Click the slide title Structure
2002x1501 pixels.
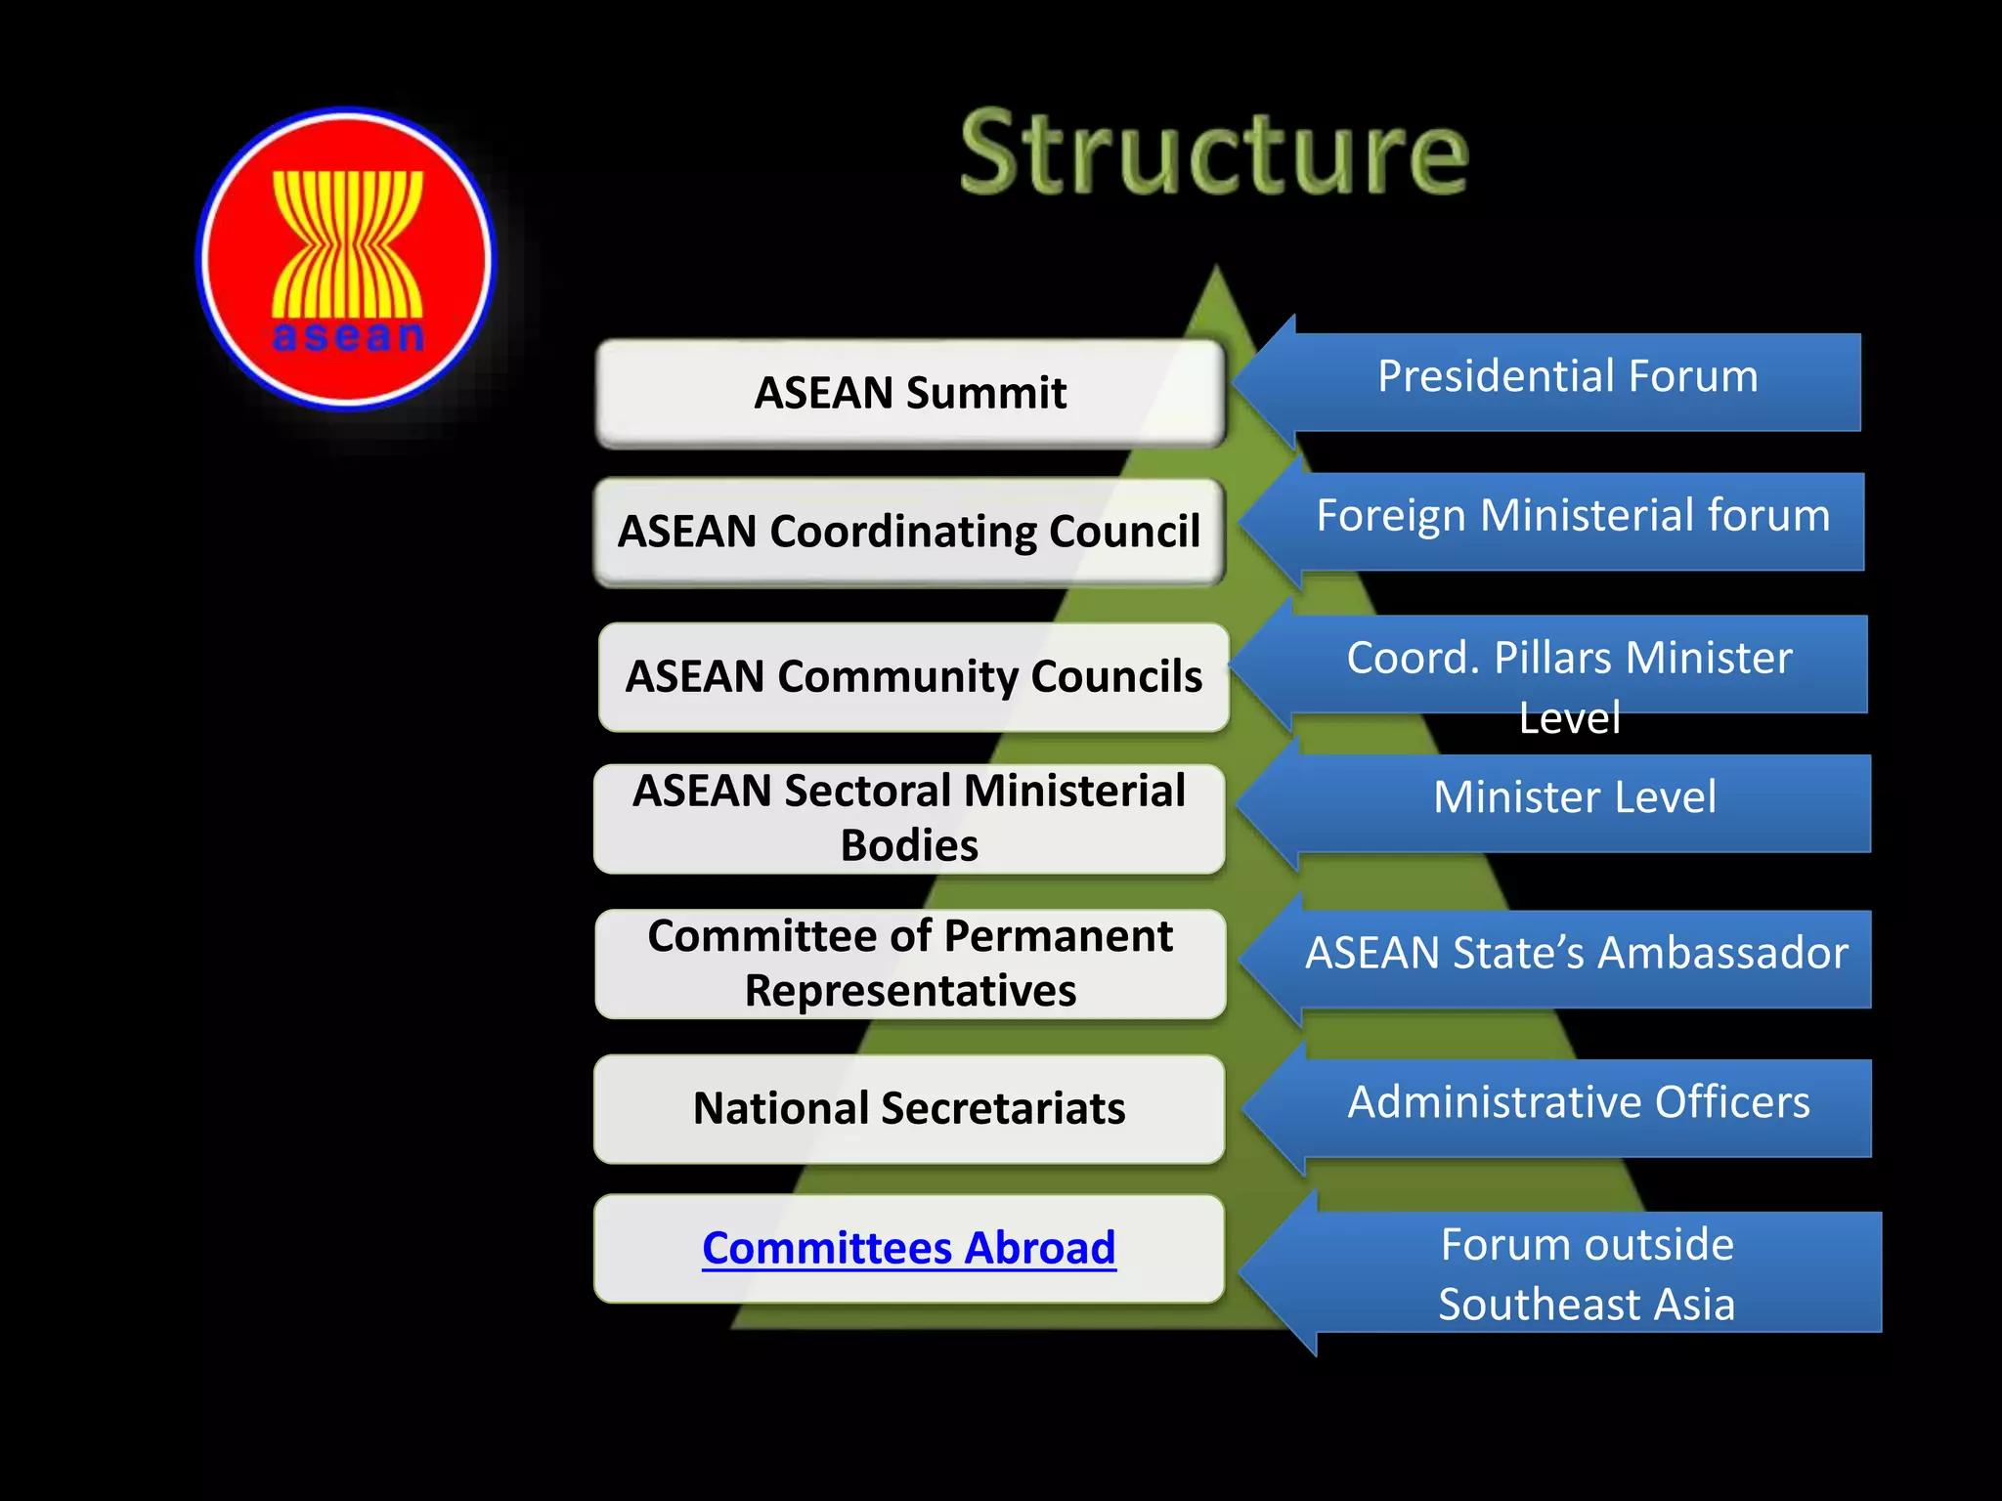[x=1214, y=154]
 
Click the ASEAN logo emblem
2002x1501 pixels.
[x=347, y=258]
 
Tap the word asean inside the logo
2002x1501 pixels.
[x=348, y=336]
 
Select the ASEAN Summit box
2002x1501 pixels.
[x=909, y=393]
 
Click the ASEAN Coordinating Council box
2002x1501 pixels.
[x=909, y=532]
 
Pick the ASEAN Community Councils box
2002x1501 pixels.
[x=913, y=676]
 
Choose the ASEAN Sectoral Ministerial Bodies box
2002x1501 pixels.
[x=909, y=818]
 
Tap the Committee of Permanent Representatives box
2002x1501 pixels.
[x=910, y=964]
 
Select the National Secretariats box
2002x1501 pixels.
[x=909, y=1108]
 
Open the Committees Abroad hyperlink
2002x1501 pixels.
[x=909, y=1248]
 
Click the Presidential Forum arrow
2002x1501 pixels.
[x=1567, y=377]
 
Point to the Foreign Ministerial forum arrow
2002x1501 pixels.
[x=1572, y=517]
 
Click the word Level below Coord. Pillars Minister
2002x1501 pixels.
[x=1570, y=718]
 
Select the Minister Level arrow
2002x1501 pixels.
[x=1574, y=797]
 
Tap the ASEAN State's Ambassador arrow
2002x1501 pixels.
[x=1576, y=954]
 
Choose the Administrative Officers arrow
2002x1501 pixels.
[x=1578, y=1103]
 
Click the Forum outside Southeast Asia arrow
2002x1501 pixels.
[x=1586, y=1273]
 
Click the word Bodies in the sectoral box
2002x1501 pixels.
[x=909, y=845]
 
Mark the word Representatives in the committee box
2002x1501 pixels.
[x=910, y=991]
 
